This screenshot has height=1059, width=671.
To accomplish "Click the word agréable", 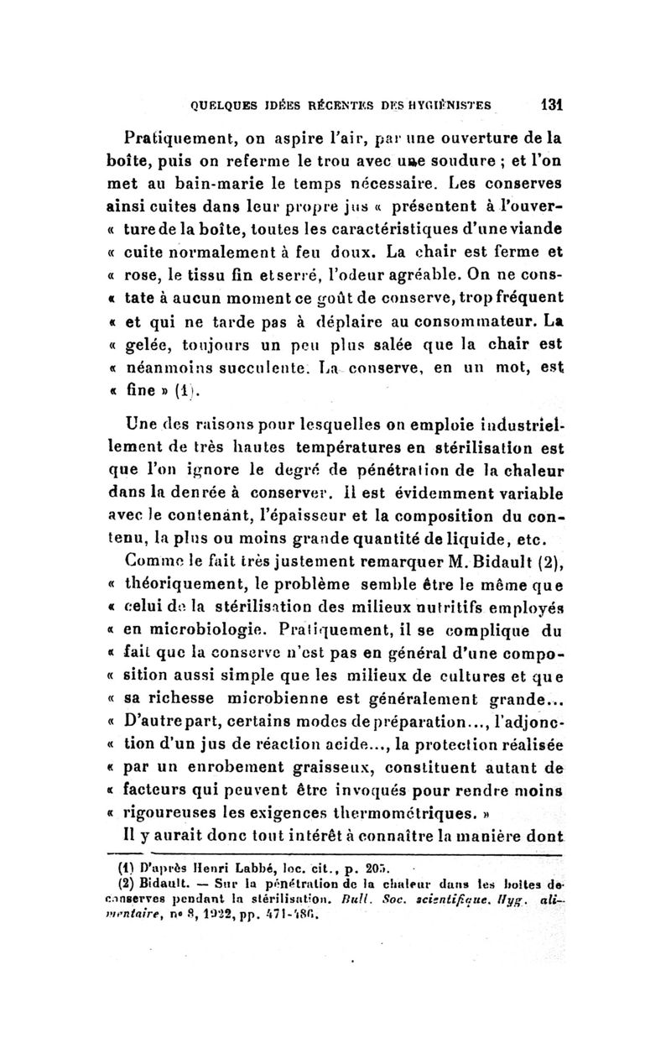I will pos(378,274).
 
